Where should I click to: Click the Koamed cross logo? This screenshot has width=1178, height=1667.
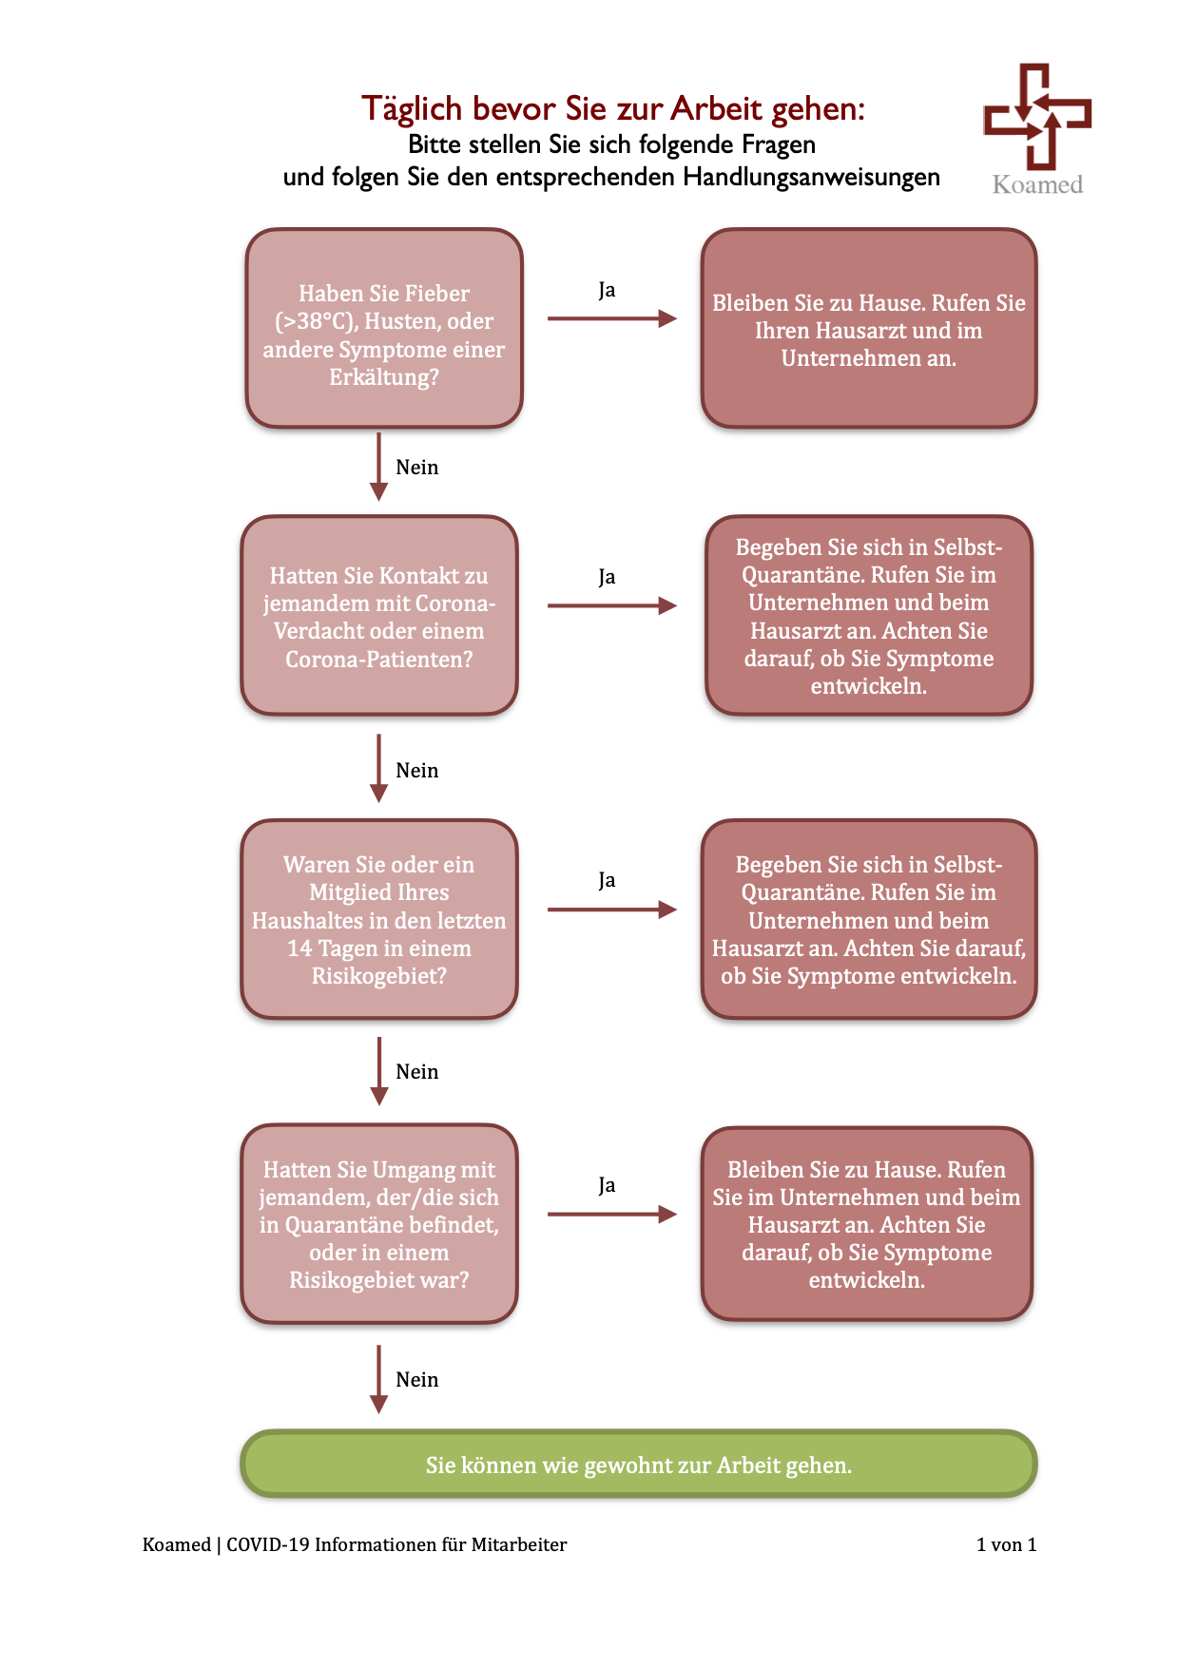coord(1036,115)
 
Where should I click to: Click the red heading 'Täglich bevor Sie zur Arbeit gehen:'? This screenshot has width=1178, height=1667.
coord(613,108)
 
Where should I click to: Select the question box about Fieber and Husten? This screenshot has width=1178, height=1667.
coord(384,328)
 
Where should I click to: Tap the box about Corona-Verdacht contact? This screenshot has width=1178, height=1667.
coord(379,616)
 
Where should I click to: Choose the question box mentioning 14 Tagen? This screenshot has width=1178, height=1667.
coord(379,919)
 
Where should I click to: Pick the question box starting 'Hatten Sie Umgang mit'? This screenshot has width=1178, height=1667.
coord(379,1224)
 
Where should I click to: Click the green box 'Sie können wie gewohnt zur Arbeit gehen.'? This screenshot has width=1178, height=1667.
coord(638,1464)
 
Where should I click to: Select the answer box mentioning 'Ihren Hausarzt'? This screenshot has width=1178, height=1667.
coord(869,328)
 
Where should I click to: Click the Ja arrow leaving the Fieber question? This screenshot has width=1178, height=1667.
coord(612,318)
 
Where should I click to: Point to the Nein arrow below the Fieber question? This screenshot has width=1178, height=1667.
coord(378,467)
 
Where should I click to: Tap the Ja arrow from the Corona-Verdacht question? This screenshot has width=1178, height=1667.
coord(612,605)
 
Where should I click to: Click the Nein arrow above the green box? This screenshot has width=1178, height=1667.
coord(378,1379)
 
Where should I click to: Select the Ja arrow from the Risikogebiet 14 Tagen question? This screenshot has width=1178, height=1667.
coord(612,910)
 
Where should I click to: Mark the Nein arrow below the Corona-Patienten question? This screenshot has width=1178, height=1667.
coord(378,768)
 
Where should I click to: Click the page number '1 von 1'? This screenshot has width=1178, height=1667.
coord(1006,1544)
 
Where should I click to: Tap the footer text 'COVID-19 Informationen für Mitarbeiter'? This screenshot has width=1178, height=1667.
coord(396,1544)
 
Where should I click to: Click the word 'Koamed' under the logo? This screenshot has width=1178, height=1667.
coord(1037,184)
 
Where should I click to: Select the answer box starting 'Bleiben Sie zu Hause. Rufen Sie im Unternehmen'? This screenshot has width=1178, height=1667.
coord(867,1224)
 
